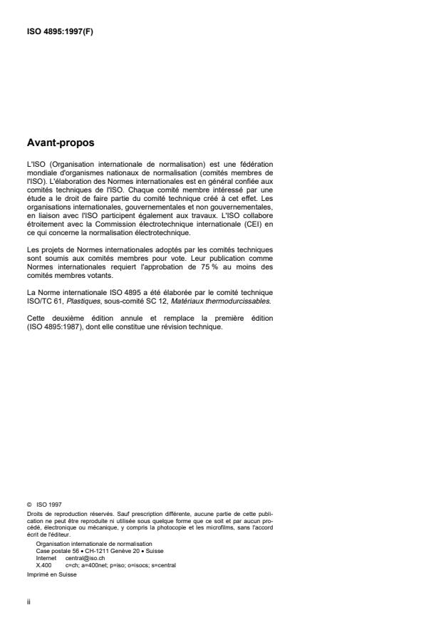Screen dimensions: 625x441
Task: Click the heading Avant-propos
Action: click(x=60, y=143)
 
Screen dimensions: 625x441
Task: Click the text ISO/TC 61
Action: click(x=42, y=302)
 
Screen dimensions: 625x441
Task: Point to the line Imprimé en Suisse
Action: click(x=48, y=574)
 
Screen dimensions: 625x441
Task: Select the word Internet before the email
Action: click(x=46, y=558)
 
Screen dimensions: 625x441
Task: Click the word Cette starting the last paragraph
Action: click(x=36, y=319)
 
